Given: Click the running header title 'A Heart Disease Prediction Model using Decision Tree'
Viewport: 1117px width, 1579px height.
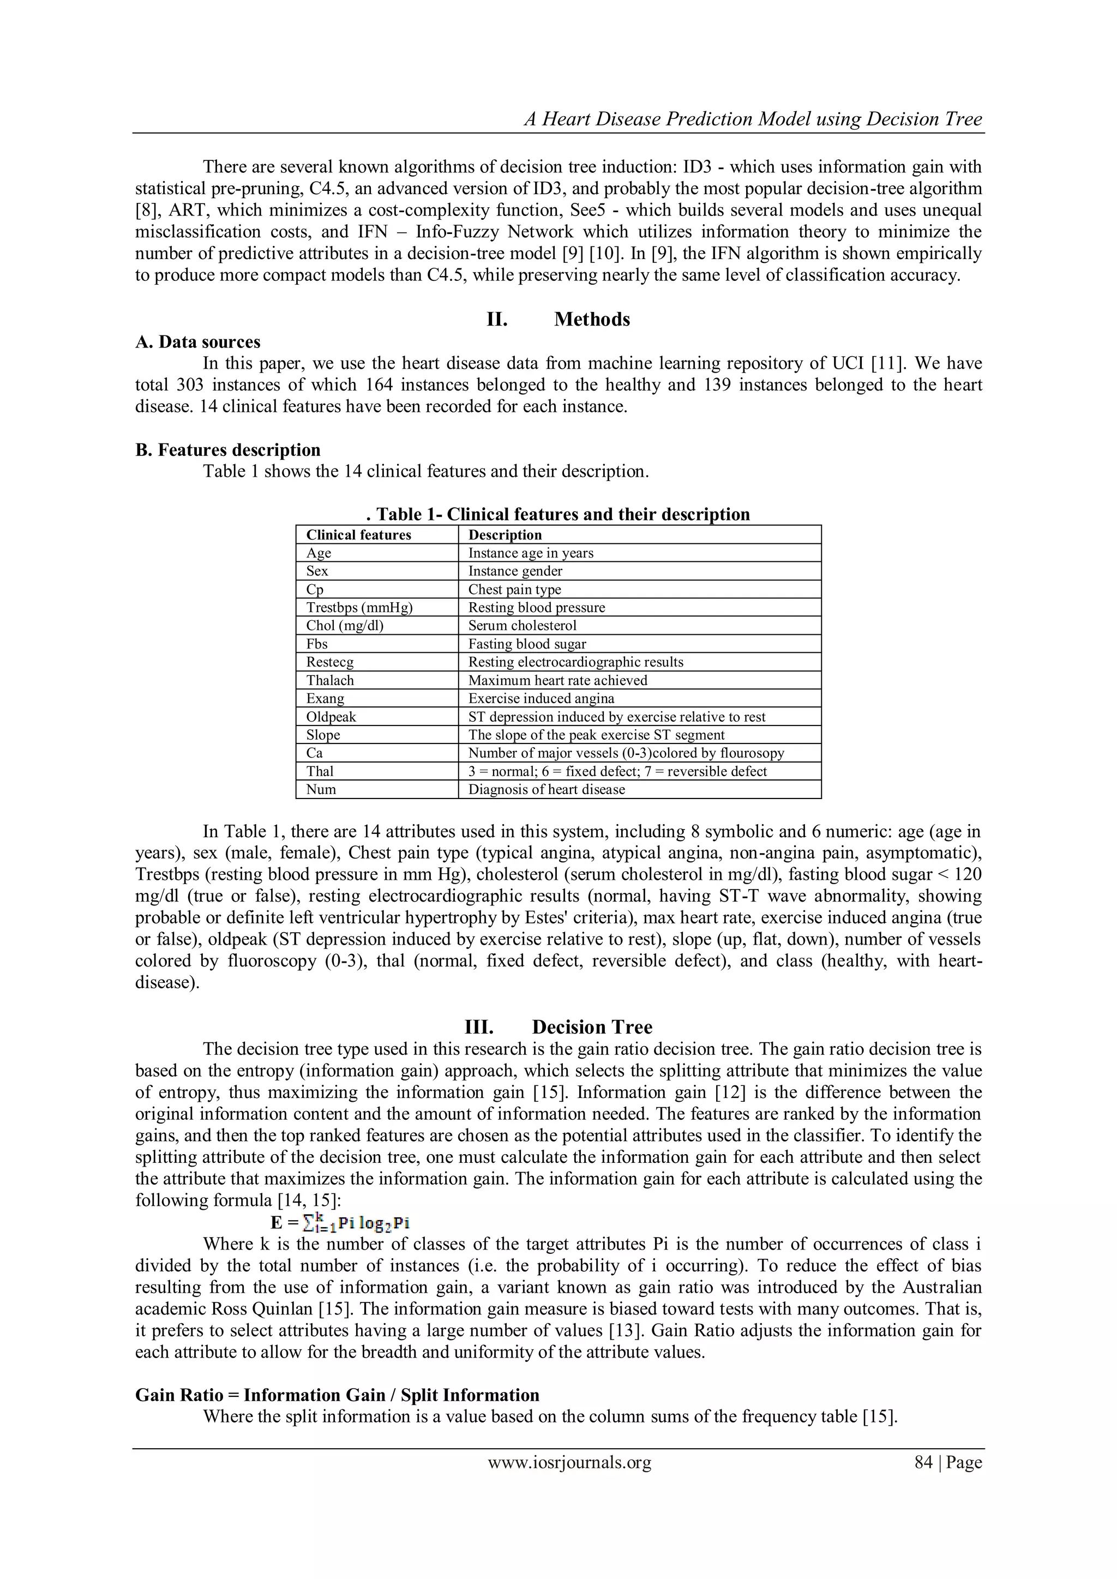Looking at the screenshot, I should pyautogui.click(x=753, y=119).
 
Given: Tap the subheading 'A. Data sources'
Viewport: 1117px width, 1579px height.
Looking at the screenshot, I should pyautogui.click(x=197, y=342).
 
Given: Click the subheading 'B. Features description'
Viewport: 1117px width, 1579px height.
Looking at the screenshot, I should pyautogui.click(x=227, y=450).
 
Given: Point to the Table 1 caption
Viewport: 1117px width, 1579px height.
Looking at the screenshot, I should pyautogui.click(x=558, y=514).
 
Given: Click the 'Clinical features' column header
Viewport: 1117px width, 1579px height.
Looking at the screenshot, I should pyautogui.click(x=358, y=535).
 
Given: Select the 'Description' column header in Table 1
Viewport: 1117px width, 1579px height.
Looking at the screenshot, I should pyautogui.click(x=505, y=535).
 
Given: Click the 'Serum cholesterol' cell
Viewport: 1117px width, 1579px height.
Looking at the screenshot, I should pyautogui.click(x=522, y=626).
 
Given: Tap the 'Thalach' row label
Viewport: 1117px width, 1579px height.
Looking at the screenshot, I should pyautogui.click(x=330, y=681).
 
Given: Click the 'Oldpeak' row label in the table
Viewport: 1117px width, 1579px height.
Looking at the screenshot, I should pyautogui.click(x=331, y=717).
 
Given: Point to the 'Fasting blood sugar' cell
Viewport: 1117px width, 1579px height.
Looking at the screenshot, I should pyautogui.click(x=527, y=644).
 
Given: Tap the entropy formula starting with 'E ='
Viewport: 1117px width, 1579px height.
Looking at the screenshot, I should pyautogui.click(x=340, y=1223).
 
